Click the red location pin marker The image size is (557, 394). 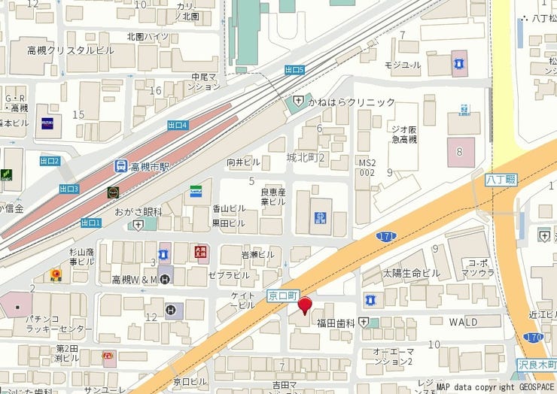click(305, 305)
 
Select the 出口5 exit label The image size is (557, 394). click(295, 70)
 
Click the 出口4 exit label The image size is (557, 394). click(178, 125)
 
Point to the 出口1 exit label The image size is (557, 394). click(91, 222)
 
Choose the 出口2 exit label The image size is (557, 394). click(50, 161)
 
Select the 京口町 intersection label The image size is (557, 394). click(282, 297)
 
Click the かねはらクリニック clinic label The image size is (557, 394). click(350, 102)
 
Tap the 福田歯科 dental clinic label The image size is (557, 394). click(336, 323)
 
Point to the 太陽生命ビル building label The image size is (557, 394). click(411, 272)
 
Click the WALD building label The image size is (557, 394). click(463, 321)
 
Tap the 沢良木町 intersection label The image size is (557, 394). click(537, 364)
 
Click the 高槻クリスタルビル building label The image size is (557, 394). click(70, 50)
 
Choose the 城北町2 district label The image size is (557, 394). click(304, 157)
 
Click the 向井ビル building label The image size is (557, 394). click(243, 162)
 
